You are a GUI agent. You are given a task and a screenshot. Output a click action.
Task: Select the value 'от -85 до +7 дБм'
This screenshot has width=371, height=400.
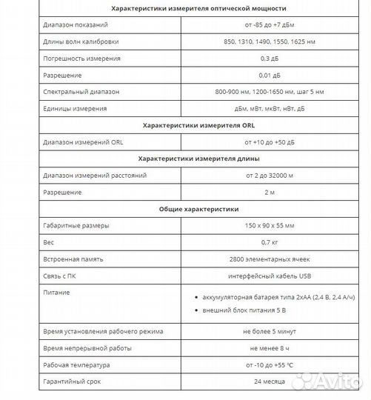coord(269,25)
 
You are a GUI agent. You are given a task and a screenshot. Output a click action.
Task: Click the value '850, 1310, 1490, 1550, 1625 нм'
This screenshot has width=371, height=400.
coord(269,41)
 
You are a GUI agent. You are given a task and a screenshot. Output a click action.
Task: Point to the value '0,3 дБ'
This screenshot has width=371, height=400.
coord(269,58)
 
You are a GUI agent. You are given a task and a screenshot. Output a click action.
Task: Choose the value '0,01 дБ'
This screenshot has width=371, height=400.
coord(269,75)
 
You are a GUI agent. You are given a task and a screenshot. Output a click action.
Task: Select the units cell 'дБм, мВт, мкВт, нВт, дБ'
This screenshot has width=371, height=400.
coord(269,108)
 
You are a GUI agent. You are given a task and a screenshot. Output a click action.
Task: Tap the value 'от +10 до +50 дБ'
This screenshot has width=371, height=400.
coord(269,141)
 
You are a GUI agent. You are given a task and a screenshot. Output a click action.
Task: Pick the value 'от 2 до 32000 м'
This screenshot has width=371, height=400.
coord(269,175)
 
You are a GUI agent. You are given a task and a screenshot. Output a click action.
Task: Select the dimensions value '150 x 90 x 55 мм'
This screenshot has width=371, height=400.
coord(269,225)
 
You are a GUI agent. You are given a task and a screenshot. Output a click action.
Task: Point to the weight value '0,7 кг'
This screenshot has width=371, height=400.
coord(269,241)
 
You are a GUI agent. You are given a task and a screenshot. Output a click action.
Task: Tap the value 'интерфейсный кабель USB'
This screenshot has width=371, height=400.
coord(269,275)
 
